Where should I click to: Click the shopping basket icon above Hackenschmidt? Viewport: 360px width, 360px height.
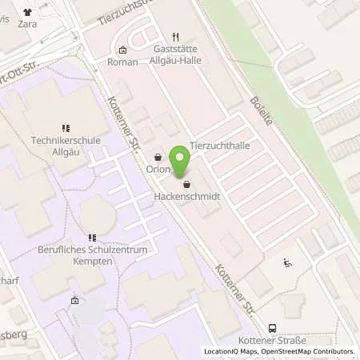tap(186, 184)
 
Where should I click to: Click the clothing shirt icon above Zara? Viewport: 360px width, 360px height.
tap(30, 13)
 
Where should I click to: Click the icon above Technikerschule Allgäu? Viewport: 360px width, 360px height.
tap(66, 127)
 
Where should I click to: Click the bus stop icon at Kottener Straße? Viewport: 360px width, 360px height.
tap(273, 328)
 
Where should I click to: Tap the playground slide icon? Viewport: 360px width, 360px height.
tap(288, 262)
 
